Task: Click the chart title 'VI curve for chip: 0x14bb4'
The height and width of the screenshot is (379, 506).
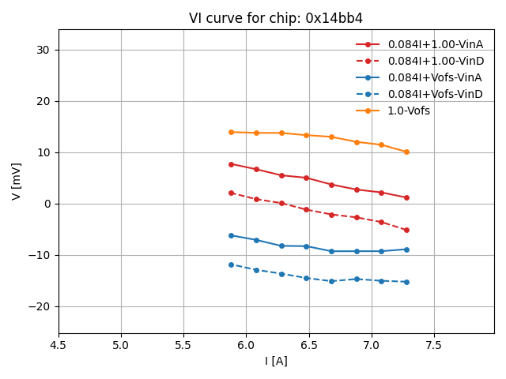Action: [276, 18]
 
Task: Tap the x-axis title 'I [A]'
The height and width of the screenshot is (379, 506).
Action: [276, 361]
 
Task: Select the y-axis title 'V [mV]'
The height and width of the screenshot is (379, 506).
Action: [17, 181]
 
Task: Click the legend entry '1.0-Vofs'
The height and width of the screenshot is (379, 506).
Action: [409, 111]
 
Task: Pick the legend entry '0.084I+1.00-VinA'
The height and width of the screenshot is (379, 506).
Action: [435, 44]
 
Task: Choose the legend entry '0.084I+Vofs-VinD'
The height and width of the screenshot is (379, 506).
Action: [435, 94]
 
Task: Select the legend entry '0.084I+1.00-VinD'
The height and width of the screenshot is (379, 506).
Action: [435, 61]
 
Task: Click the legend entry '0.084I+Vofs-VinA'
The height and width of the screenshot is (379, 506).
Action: [435, 77]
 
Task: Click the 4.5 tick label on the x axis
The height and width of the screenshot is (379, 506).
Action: [59, 345]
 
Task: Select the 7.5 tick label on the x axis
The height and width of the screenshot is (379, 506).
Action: [433, 345]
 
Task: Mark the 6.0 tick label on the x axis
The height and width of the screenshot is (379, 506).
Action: [246, 345]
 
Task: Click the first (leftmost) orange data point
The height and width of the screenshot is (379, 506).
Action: [231, 132]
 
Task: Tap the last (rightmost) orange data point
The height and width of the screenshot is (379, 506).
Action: [406, 152]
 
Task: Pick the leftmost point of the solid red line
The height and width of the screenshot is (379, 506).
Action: [231, 164]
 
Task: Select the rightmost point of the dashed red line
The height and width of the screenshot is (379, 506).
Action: [406, 230]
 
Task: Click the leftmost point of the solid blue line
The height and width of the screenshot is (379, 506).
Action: [231, 235]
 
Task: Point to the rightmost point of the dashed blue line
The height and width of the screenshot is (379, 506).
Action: [406, 282]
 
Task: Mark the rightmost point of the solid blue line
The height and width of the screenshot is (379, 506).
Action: [406, 250]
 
